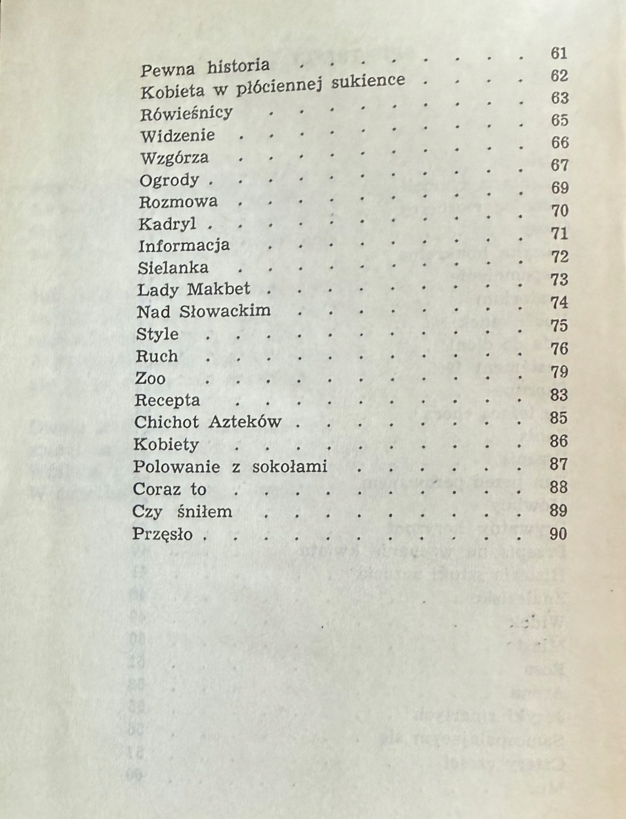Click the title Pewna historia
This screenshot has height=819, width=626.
[205, 68]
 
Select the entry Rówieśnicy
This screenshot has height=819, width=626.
[186, 113]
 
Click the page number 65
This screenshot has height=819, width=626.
[559, 120]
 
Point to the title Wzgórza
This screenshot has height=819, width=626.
[174, 158]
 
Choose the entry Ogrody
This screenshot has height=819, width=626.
[169, 180]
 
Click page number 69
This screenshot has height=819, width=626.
[559, 188]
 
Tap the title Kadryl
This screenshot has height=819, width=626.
[168, 224]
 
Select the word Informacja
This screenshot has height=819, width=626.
[184, 246]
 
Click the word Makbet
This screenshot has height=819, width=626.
[218, 289]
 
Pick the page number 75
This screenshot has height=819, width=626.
[559, 326]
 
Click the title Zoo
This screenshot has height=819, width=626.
[150, 378]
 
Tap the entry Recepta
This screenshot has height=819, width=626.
[167, 400]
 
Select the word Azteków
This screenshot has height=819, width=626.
[245, 422]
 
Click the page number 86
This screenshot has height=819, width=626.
[559, 441]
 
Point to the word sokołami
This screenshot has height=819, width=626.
[289, 467]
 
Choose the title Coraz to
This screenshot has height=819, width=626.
[169, 489]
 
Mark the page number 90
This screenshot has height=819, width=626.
[558, 534]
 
